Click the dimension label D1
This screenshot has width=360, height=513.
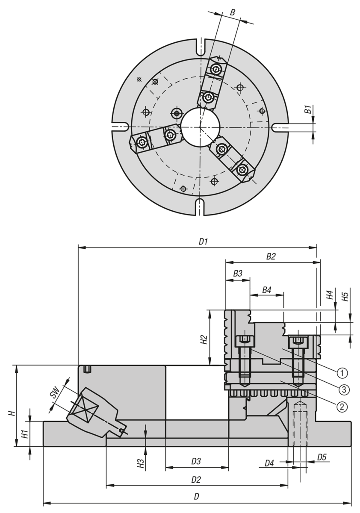point(203,242)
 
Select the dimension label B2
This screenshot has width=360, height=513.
point(271,256)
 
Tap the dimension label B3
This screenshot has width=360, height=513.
point(238,273)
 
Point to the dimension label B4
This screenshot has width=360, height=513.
point(267,290)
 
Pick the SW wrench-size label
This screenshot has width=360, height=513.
point(54,394)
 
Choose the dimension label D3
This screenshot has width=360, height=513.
point(196,461)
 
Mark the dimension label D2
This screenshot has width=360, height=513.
point(196,479)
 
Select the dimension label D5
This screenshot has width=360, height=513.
point(322,458)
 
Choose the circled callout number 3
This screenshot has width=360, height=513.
point(342,389)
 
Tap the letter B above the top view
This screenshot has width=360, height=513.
point(232,12)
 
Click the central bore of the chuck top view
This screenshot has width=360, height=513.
point(200,126)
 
